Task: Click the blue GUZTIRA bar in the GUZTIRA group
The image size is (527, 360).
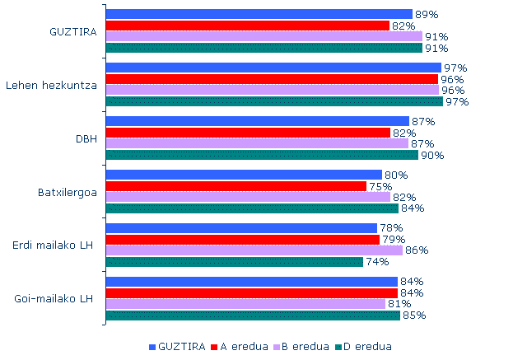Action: [259, 14]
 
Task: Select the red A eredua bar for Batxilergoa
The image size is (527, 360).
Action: [236, 186]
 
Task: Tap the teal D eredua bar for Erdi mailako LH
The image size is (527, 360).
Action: [235, 262]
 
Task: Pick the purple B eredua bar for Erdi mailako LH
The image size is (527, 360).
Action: [254, 250]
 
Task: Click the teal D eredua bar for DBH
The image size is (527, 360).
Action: [262, 155]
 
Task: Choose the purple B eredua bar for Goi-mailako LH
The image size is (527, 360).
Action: [245, 303]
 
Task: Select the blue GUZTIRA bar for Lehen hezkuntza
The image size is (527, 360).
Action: [273, 68]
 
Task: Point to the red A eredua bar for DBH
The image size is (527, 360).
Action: [248, 133]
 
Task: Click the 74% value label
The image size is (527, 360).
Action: [377, 262]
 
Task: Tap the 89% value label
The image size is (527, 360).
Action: [427, 15]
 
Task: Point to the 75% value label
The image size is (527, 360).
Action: [380, 186]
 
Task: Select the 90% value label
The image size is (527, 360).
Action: [432, 155]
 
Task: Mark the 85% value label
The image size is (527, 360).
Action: [414, 315]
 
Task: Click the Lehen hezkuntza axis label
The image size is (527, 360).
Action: [52, 86]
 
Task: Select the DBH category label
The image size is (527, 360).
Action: [86, 138]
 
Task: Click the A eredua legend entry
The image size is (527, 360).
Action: [243, 346]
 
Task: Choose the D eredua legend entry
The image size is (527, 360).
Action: [367, 346]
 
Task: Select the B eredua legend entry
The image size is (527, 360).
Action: [305, 346]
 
